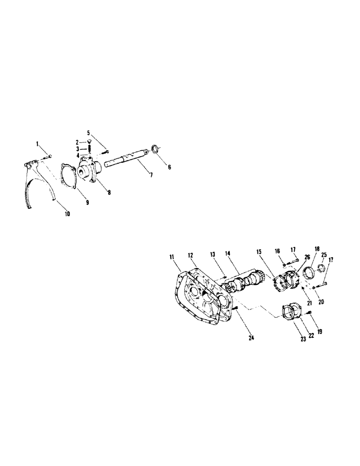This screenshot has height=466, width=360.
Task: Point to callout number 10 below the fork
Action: pyautogui.click(x=67, y=214)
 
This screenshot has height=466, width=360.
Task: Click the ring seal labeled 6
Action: pyautogui.click(x=152, y=150)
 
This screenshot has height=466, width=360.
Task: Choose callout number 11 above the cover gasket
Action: pyautogui.click(x=172, y=256)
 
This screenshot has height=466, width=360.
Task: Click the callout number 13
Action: pyautogui.click(x=212, y=254)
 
